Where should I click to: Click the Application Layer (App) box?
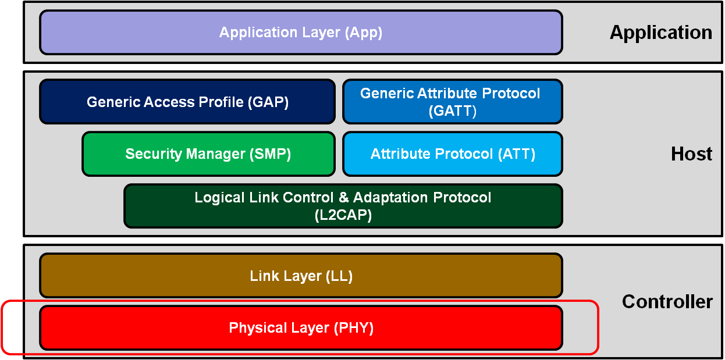(301, 33)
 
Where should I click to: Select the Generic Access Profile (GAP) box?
(187, 102)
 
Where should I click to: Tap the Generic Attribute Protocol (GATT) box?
(452, 102)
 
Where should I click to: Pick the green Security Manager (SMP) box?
(208, 154)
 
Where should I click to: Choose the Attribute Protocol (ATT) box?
(452, 154)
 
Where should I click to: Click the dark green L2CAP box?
(343, 206)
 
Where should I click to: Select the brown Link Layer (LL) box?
(301, 276)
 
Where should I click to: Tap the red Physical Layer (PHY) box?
(301, 328)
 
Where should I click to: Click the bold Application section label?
(660, 33)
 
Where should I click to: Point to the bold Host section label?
(691, 154)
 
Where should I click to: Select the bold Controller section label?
(667, 301)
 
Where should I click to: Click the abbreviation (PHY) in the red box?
(353, 328)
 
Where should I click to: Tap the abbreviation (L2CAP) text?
(343, 215)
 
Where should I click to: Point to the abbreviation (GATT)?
(452, 111)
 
